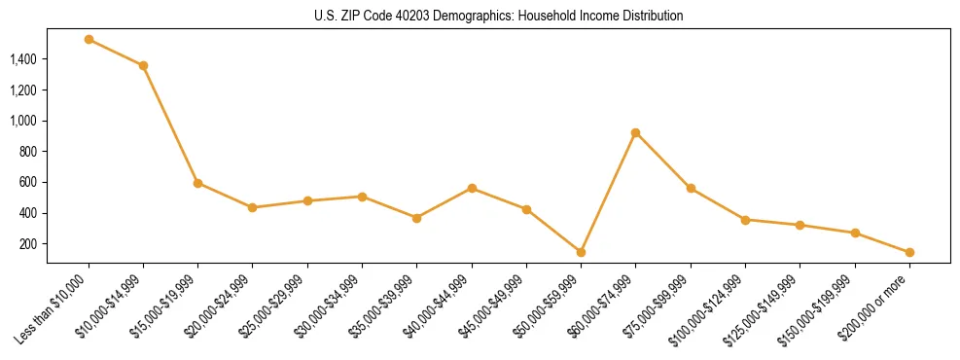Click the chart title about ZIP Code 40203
click(499, 17)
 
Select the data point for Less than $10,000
click(89, 40)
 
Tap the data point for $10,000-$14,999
click(143, 65)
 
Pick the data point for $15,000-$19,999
click(197, 183)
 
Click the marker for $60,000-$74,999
click(635, 132)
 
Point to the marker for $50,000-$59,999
click(581, 252)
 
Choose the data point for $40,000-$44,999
click(472, 188)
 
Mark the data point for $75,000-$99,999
click(691, 188)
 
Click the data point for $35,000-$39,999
click(416, 218)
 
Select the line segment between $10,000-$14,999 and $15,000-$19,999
click(170, 125)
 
